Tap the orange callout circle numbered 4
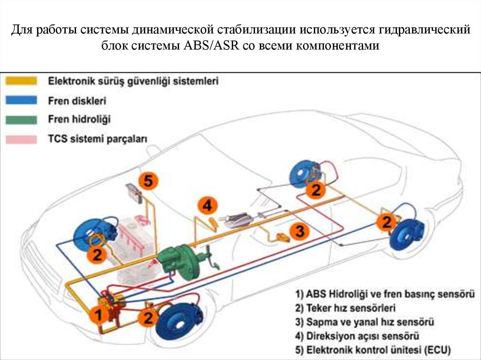(x=207, y=206)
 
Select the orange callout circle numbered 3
(x=300, y=231)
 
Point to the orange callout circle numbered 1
(x=99, y=314)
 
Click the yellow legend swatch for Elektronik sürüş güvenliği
(x=21, y=81)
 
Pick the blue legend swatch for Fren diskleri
(x=21, y=100)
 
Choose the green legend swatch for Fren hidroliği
(x=21, y=119)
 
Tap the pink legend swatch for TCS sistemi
(x=21, y=139)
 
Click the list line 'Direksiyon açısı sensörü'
(x=357, y=336)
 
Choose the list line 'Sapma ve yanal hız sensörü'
(x=365, y=322)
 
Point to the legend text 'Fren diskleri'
(x=77, y=100)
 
